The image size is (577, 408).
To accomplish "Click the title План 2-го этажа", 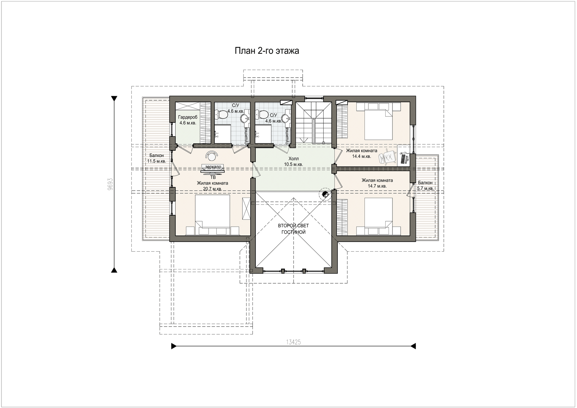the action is (267, 51).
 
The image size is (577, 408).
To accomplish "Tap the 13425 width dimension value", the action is (293, 342).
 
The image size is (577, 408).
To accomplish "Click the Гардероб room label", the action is (188, 118).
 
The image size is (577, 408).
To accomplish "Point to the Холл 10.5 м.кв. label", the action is (293, 161).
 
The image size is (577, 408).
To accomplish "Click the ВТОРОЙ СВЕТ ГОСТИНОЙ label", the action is (293, 229).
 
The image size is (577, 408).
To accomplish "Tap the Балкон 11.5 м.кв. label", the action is (157, 158).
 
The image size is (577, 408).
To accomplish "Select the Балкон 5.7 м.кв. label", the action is (425, 186).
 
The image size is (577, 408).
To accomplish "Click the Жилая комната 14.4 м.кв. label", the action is (362, 153).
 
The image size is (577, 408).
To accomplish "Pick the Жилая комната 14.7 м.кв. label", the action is (377, 183).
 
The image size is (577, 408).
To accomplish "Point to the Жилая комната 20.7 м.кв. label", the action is (212, 186).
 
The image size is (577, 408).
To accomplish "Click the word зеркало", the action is (213, 167).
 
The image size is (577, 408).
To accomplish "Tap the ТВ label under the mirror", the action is (213, 177).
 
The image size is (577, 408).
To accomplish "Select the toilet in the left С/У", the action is (223, 114).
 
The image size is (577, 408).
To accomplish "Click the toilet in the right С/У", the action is (262, 114).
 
